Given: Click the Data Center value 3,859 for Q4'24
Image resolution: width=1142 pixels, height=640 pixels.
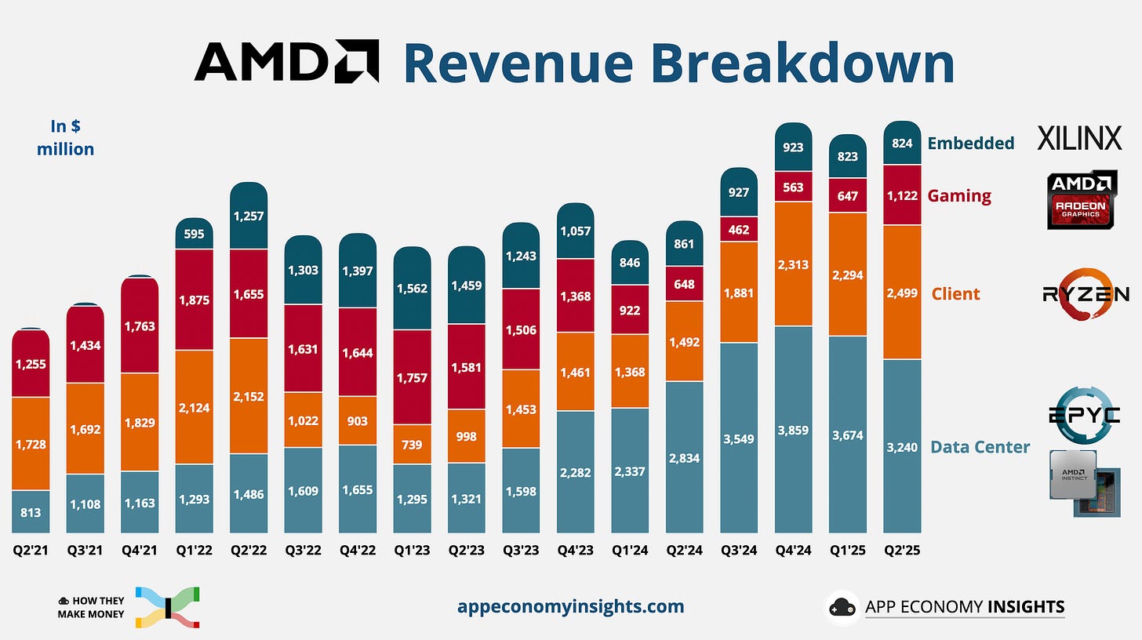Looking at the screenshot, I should [793, 430].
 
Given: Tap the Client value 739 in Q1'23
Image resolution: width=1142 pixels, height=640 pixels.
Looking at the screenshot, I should [412, 445].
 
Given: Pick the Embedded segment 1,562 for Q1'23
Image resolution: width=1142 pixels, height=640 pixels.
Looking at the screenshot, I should [412, 288].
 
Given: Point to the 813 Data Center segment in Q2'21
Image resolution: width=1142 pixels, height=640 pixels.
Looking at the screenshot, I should [31, 512].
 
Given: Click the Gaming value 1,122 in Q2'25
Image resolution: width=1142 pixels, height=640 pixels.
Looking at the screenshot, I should [902, 195].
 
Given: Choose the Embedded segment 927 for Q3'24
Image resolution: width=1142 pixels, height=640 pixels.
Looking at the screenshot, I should [738, 192].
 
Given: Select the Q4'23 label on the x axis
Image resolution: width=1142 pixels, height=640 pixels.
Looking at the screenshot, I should [575, 550].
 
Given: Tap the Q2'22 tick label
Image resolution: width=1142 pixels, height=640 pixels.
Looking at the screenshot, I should [248, 550].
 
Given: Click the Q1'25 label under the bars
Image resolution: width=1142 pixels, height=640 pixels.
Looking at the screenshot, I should [848, 550].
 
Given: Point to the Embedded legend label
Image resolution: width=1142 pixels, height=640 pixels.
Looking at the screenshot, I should [971, 143].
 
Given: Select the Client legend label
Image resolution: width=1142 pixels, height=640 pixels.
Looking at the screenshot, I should [955, 294].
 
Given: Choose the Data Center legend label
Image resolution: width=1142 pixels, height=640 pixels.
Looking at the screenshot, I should [980, 447].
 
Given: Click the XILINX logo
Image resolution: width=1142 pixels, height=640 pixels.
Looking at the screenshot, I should [1079, 138].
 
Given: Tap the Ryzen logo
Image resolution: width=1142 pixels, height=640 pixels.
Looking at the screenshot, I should [1086, 294].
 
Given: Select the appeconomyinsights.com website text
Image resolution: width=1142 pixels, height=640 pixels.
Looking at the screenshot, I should [570, 606].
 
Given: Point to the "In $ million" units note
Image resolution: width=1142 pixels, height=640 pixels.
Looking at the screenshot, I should [65, 137].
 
